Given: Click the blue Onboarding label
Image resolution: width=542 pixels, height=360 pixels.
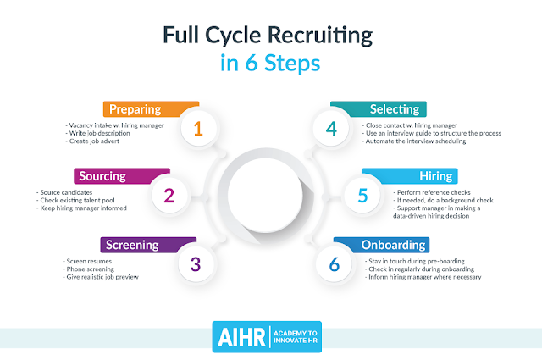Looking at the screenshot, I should pos(393,245).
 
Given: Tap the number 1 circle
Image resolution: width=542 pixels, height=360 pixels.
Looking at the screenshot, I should pos(198,129).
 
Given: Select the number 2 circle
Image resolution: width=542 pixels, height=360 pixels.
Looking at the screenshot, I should pos(169,196).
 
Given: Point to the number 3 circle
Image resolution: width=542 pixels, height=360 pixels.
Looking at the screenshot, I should pos(196,263).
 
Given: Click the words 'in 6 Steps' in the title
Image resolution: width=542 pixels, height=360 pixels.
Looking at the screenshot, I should pos(269,64).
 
